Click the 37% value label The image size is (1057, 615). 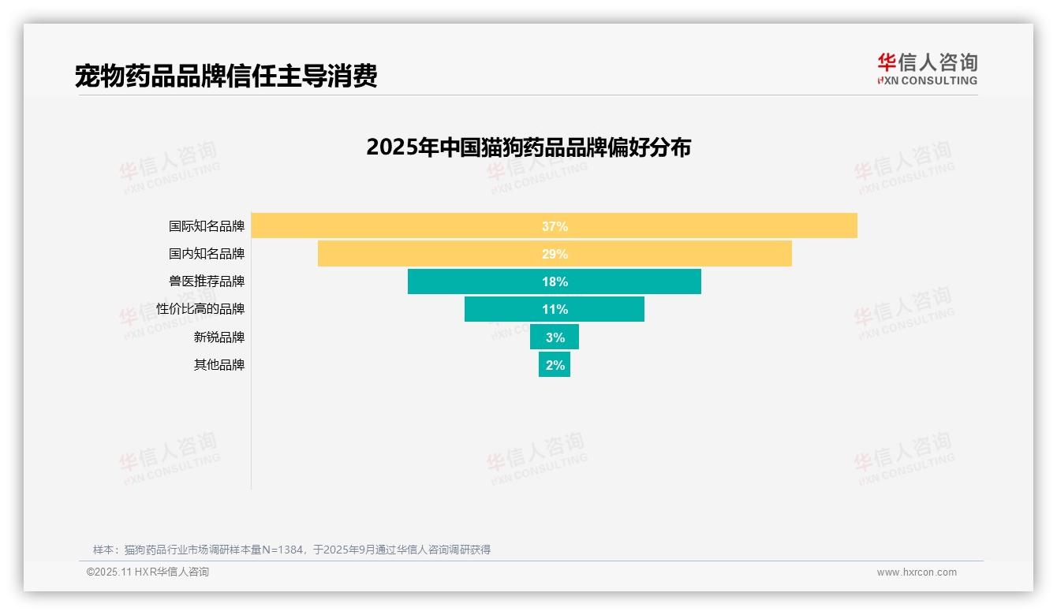click(x=555, y=226)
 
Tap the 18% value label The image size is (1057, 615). click(x=555, y=281)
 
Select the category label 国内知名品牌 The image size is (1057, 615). click(x=207, y=254)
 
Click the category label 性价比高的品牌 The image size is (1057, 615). click(x=200, y=309)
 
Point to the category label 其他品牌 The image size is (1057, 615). click(x=219, y=365)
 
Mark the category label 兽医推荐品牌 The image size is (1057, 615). click(x=207, y=281)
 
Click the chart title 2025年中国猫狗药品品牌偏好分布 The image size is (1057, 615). click(x=528, y=147)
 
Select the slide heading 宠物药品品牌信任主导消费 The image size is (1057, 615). click(x=226, y=76)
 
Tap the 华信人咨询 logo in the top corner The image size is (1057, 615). click(x=927, y=69)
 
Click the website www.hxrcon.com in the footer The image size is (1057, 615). click(x=917, y=572)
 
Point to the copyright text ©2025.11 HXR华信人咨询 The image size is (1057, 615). click(x=148, y=572)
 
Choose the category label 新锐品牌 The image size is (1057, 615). click(x=219, y=337)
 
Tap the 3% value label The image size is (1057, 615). click(x=555, y=337)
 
